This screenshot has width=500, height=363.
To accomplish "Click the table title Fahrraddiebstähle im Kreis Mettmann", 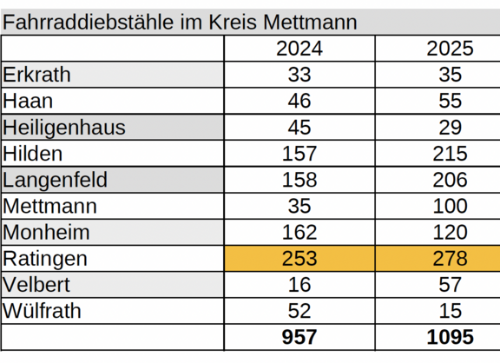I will pos(180,23).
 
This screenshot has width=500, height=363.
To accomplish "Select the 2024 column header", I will pos(299,49).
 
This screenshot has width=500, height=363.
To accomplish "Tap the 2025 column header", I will pos(450,49).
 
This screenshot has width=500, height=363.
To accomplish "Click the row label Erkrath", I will pos(37,75).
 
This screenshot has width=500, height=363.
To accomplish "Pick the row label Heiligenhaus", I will pos(64,128).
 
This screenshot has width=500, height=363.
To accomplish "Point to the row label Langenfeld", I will pos(56,180).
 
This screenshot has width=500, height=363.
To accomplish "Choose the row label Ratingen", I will pos(45,259).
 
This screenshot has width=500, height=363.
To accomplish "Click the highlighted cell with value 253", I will pos(299,259).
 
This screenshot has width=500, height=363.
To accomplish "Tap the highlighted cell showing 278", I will pos(450,259).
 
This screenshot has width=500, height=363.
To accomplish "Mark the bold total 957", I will pos(299,338).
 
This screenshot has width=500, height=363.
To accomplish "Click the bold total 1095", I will pos(450,338).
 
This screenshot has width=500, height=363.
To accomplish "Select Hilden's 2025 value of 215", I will pos(450,154).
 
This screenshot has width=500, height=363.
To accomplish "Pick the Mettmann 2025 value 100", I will pos(450,207).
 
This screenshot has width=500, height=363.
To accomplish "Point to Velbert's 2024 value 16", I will pos(299,285).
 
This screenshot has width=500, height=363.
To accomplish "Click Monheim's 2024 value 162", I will pos(299,233).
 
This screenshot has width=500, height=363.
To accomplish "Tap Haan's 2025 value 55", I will pos(450,102).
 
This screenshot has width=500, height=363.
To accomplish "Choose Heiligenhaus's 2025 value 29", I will pos(450,128).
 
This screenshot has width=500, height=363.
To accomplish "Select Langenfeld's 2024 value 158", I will pos(299,180).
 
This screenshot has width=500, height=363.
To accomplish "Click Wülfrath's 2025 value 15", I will pos(450,311).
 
